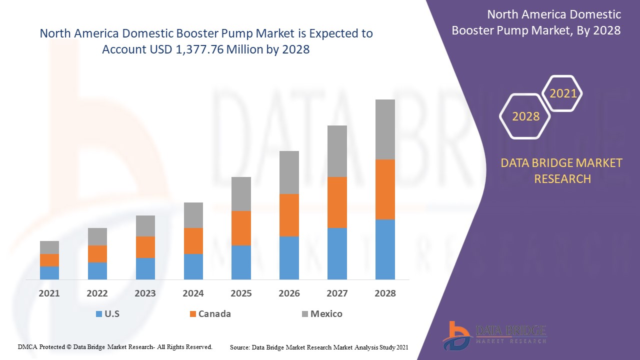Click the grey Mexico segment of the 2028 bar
(x=385, y=129)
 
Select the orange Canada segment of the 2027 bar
(x=337, y=202)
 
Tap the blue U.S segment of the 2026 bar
(x=289, y=257)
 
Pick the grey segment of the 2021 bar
(x=49, y=247)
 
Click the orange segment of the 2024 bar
(x=193, y=240)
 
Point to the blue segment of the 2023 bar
(x=145, y=268)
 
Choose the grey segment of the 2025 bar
(x=241, y=193)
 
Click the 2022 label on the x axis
(x=97, y=293)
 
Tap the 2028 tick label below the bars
(x=385, y=293)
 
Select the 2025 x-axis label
(x=241, y=293)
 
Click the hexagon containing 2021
(x=563, y=93)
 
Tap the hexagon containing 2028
(x=525, y=116)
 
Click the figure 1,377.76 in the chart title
(x=199, y=49)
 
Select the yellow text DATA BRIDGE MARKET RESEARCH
(x=562, y=170)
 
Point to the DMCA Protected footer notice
(x=115, y=346)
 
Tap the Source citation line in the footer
(x=319, y=347)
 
